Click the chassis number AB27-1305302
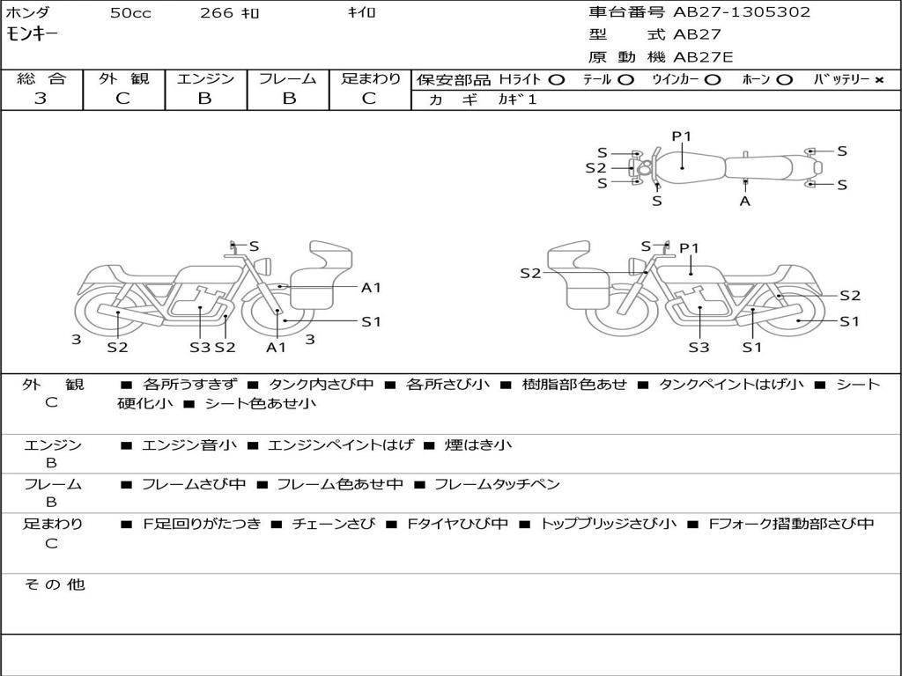[x=742, y=12]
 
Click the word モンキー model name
[x=34, y=34]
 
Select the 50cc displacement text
[x=129, y=12]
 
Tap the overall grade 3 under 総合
[x=41, y=99]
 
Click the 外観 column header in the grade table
[x=123, y=78]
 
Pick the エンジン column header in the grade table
[x=205, y=78]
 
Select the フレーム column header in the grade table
[x=287, y=78]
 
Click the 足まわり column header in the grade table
[x=371, y=78]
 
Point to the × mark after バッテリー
[x=878, y=79]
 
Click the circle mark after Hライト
[x=556, y=79]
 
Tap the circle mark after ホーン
[x=784, y=79]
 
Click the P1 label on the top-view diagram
[x=682, y=136]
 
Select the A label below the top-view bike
[x=745, y=201]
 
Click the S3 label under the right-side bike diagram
[x=699, y=347]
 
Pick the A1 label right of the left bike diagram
[x=371, y=287]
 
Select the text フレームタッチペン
[x=497, y=484]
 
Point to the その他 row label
[x=55, y=584]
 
